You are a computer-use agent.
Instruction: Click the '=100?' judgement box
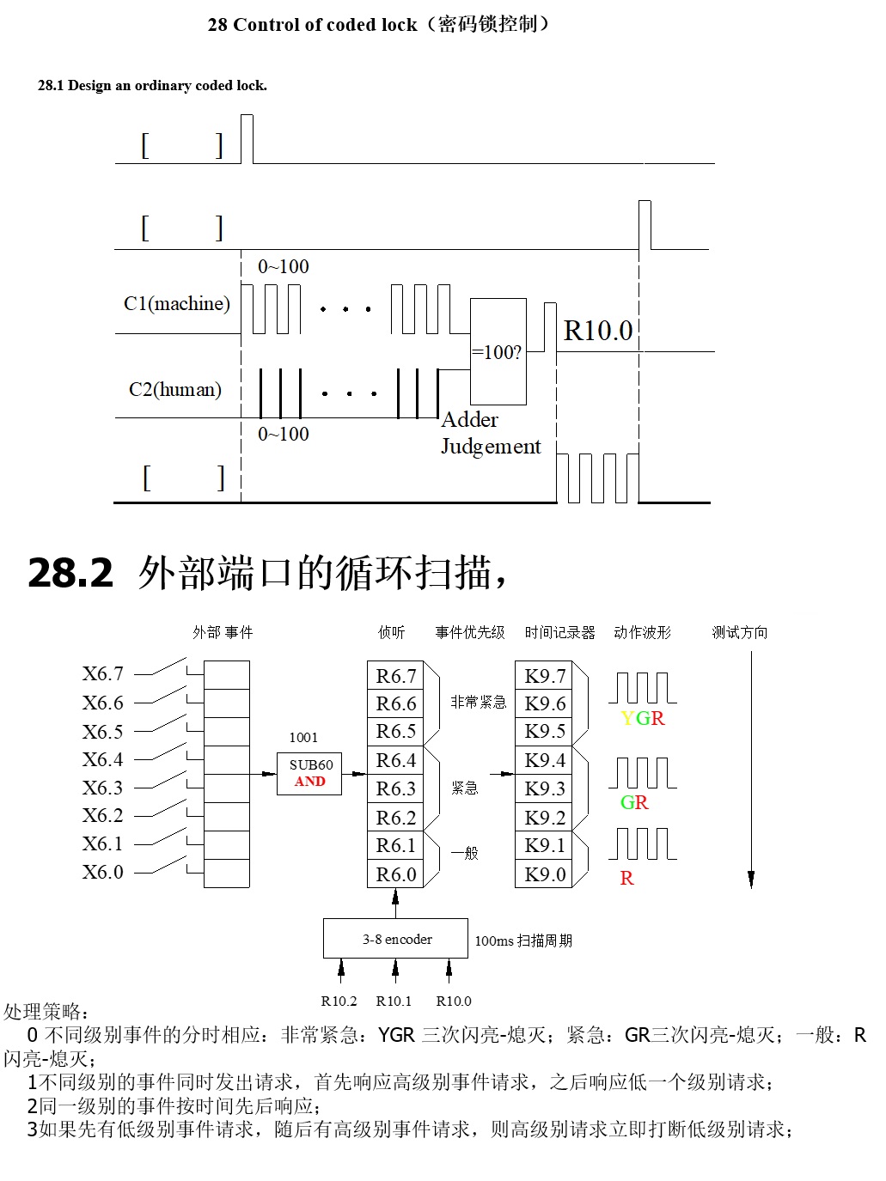498,351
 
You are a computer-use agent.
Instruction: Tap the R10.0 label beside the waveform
598,331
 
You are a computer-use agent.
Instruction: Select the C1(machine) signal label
177,303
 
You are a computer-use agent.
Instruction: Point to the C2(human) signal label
175,389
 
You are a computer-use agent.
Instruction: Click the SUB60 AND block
309,773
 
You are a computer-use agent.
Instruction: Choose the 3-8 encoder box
396,939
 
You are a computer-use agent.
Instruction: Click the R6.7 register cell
395,676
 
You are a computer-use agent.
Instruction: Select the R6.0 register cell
395,874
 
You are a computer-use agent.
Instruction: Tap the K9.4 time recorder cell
545,760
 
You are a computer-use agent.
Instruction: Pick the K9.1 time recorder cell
545,845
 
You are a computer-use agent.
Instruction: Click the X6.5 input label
103,732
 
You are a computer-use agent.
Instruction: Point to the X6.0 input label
103,873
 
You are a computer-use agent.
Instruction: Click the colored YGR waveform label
643,718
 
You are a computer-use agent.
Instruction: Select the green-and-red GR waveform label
634,802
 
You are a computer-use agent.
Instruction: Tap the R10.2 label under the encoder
339,1001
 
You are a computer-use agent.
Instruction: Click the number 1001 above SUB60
303,737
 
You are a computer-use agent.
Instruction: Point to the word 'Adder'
469,420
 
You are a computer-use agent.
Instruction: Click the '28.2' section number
70,573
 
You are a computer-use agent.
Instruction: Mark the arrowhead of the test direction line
751,880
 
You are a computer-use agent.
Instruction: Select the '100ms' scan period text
494,941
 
